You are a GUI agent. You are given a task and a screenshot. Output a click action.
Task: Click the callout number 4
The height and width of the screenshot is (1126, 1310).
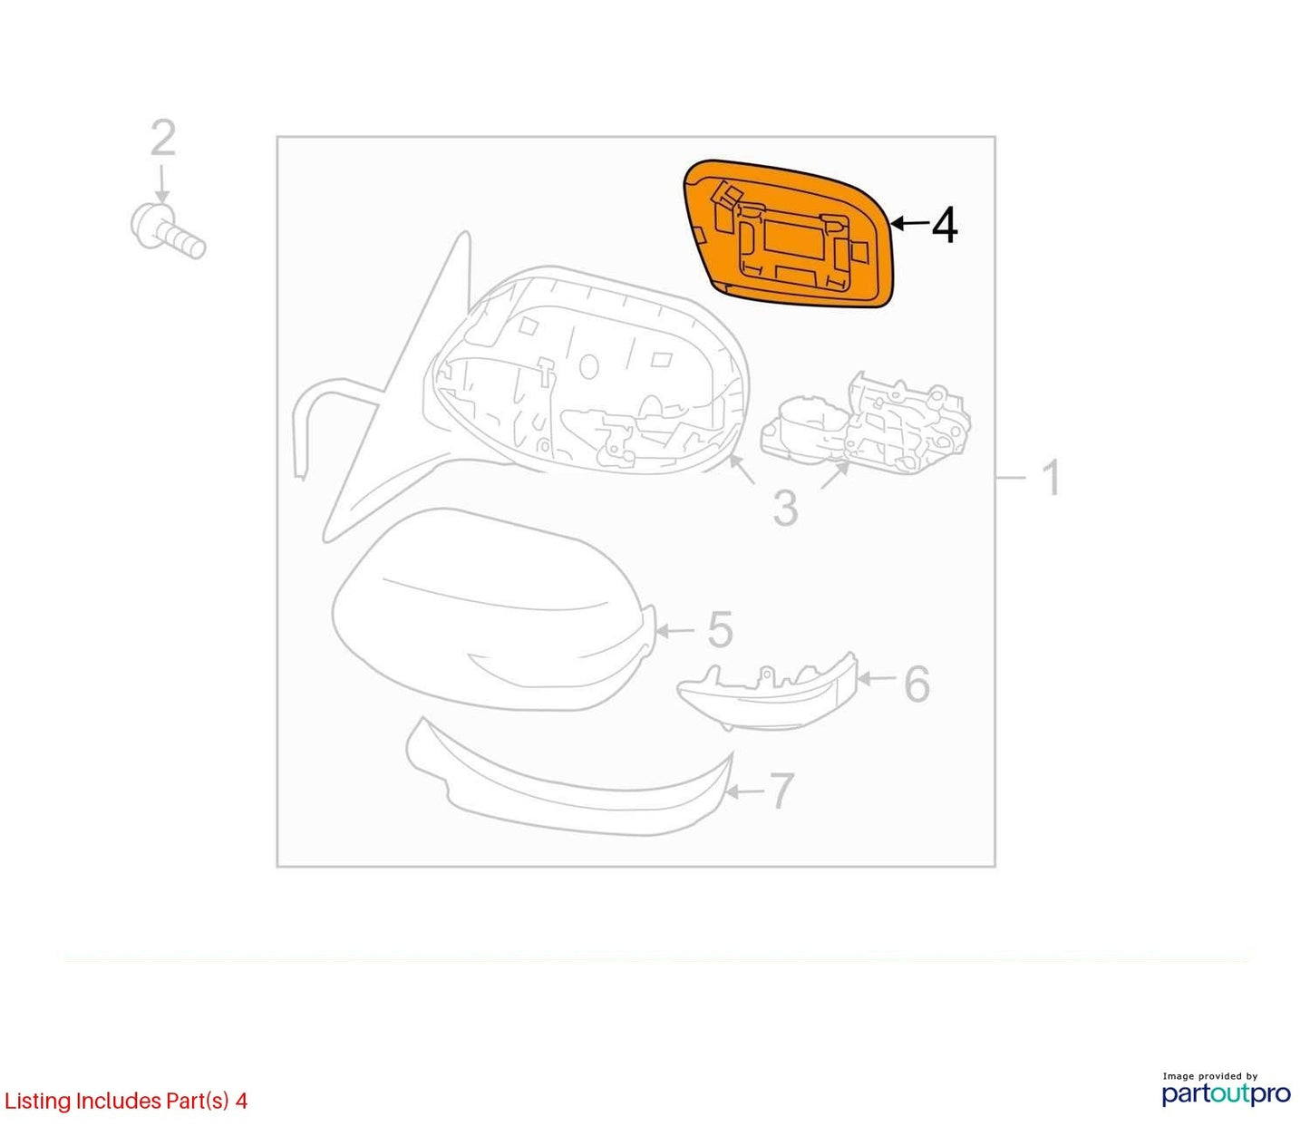pyautogui.click(x=945, y=226)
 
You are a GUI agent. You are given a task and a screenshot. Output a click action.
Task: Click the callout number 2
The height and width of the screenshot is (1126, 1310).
pyautogui.click(x=163, y=138)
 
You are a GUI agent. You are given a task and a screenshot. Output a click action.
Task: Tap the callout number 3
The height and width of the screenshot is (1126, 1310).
pyautogui.click(x=786, y=509)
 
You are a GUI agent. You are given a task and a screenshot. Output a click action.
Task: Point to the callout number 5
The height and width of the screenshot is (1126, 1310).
pyautogui.click(x=720, y=630)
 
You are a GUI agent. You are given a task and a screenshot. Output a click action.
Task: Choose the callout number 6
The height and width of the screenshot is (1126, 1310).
pyautogui.click(x=917, y=684)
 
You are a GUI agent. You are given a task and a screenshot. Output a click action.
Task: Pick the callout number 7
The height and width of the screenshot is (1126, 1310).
pyautogui.click(x=781, y=791)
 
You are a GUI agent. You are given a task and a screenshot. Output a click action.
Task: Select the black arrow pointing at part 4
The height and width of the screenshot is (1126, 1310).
pyautogui.click(x=910, y=223)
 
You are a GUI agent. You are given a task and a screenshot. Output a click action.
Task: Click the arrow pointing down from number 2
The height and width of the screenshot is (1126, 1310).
pyautogui.click(x=162, y=184)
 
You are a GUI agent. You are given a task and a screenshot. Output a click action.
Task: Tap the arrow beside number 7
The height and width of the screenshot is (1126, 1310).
pyautogui.click(x=744, y=791)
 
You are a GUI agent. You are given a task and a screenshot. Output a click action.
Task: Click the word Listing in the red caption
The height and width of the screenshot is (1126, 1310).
pyautogui.click(x=37, y=1101)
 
